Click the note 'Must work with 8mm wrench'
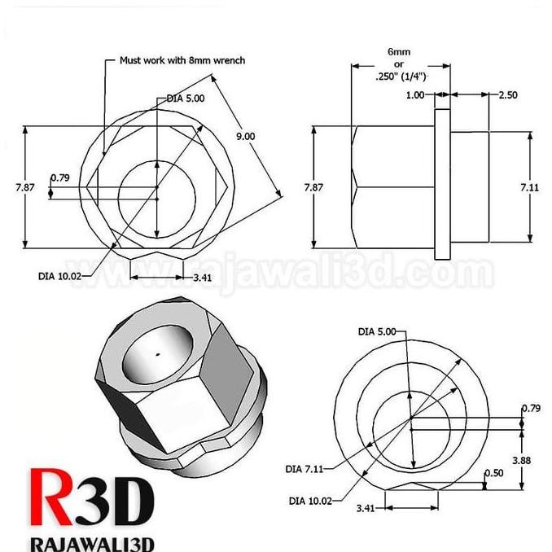tap(182, 60)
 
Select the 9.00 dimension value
tap(246, 137)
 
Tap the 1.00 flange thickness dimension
tap(414, 95)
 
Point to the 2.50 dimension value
tap(507, 95)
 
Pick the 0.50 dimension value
tap(493, 473)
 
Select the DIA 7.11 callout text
tap(304, 468)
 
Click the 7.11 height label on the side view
tap(530, 187)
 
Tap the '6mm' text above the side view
tap(399, 51)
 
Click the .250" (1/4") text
tap(400, 77)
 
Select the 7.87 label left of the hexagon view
tap(24, 187)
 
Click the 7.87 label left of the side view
tap(313, 187)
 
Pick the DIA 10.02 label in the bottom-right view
tap(311, 502)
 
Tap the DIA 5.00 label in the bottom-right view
tap(377, 331)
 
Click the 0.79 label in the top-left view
tap(60, 177)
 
